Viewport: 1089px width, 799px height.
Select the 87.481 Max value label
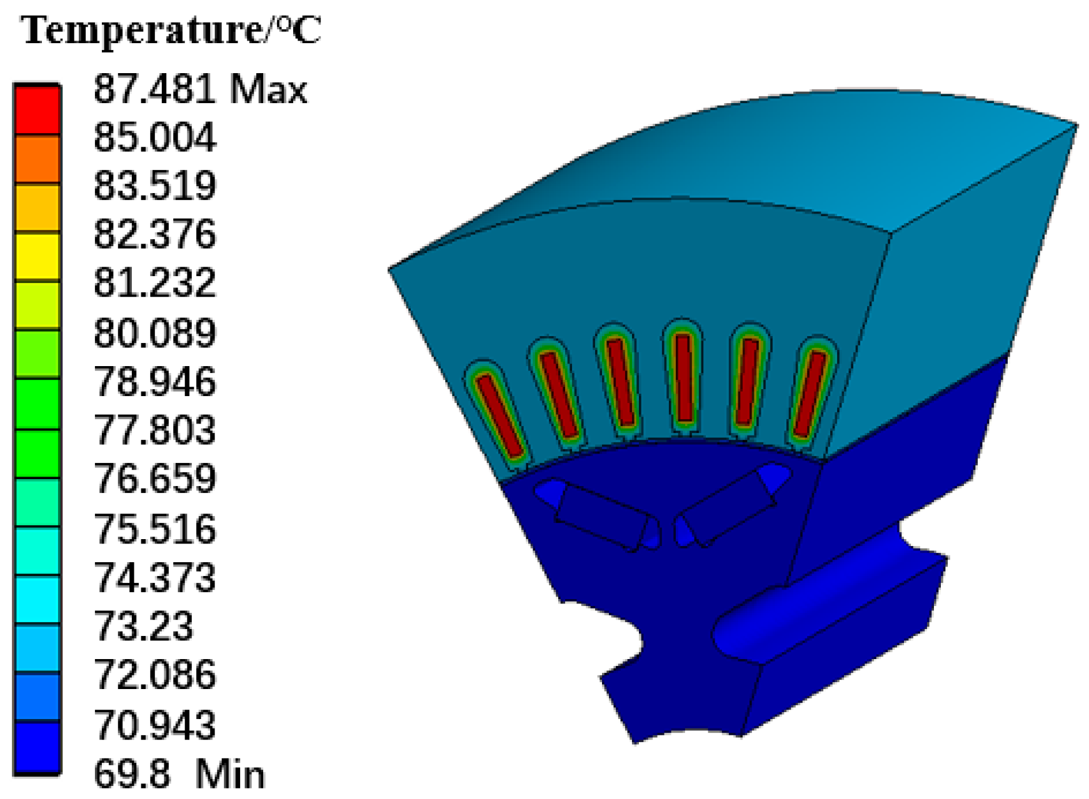coord(200,89)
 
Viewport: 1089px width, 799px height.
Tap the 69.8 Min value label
coord(179,773)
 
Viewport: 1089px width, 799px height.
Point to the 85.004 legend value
coord(154,137)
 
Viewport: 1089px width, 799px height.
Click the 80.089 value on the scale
coord(154,333)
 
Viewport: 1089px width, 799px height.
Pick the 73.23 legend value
coord(143,626)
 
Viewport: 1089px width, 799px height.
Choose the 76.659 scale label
coord(154,479)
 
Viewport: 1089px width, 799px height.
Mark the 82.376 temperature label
coord(154,235)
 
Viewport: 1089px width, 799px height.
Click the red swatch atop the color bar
coord(38,110)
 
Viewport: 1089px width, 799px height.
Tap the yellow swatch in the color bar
coord(38,257)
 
